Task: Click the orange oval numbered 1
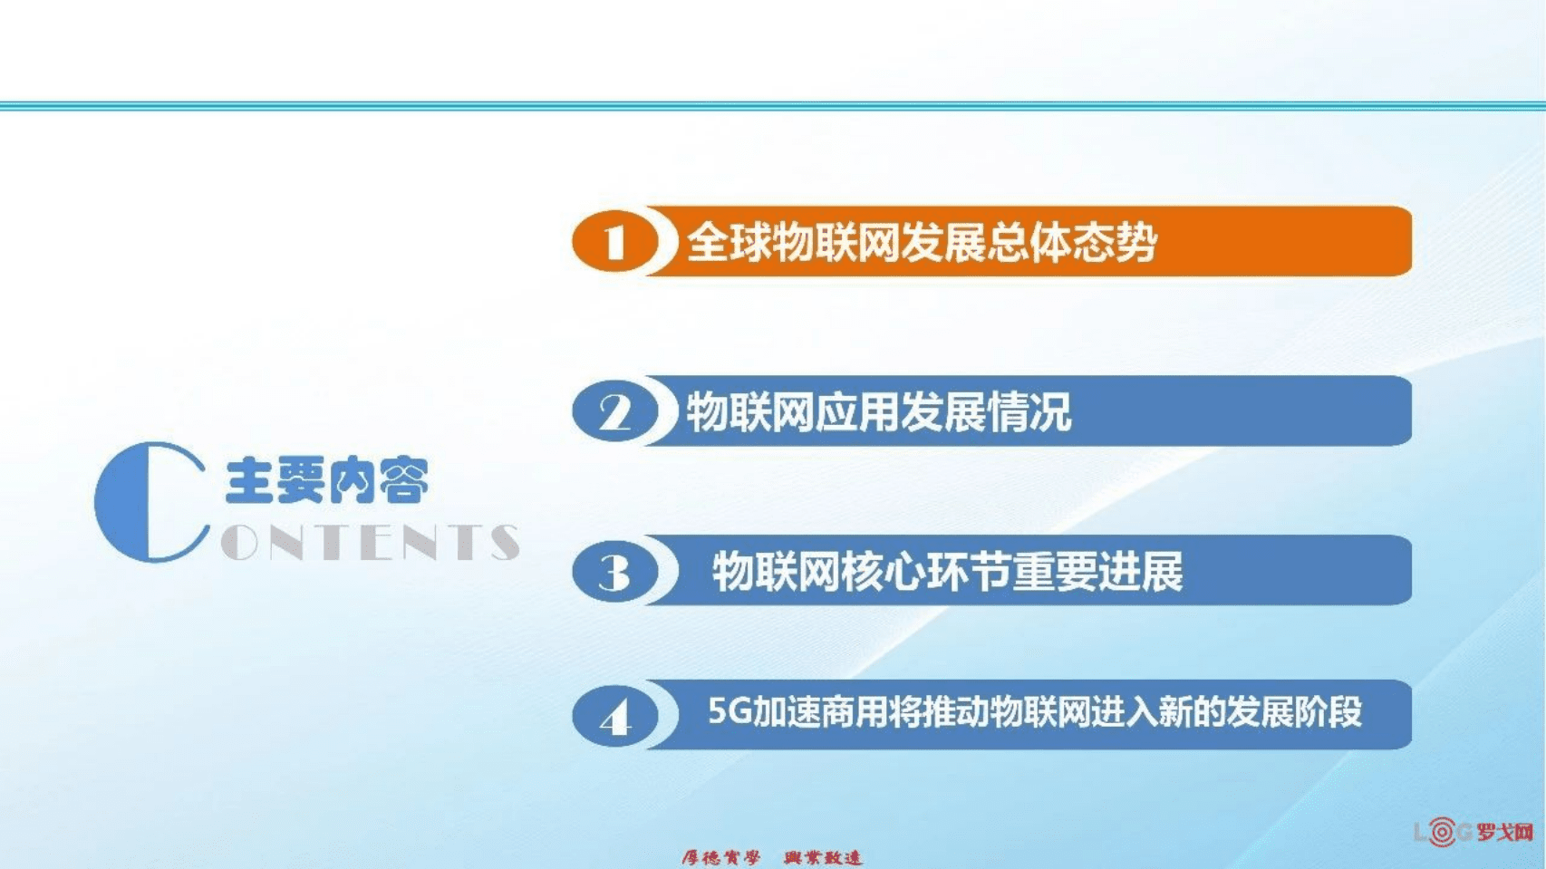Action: [x=614, y=242]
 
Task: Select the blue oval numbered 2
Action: [x=614, y=412]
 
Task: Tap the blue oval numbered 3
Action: [x=614, y=572]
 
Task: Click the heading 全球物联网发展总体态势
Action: [x=921, y=242]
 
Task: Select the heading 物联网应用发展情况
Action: [x=878, y=412]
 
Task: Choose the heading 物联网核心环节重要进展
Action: [x=947, y=572]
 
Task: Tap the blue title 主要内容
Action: [x=326, y=480]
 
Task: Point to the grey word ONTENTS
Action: [x=370, y=542]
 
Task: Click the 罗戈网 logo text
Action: [x=1505, y=832]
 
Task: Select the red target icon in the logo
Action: [x=1441, y=831]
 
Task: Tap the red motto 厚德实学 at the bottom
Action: [x=720, y=857]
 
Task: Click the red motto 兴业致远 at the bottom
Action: [x=823, y=857]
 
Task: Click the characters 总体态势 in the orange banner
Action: [x=1071, y=242]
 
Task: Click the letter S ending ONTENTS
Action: [x=504, y=542]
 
